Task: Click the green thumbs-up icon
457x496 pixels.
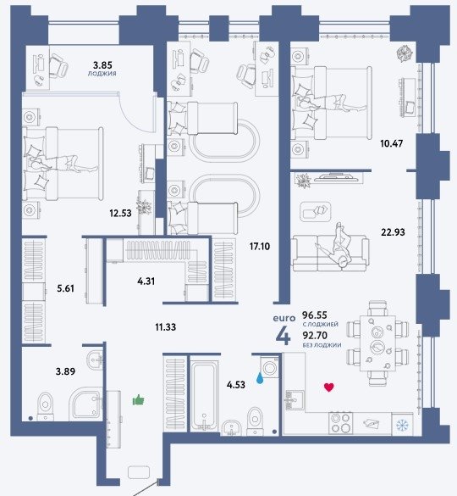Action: coord(138,400)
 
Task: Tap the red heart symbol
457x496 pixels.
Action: coord(328,387)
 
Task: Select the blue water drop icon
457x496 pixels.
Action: coord(260,378)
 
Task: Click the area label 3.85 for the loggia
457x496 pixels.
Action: coord(102,65)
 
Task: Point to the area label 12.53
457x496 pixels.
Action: coord(120,213)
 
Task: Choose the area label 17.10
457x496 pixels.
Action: coord(260,247)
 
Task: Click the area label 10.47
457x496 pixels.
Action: coord(391,143)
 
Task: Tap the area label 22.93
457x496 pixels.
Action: coord(393,232)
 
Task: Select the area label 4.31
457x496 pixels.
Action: coord(146,281)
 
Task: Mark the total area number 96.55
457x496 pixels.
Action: coord(315,315)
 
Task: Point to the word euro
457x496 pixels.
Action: coord(284,318)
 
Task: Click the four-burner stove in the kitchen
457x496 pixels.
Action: coord(340,423)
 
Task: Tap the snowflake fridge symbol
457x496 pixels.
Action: coord(402,425)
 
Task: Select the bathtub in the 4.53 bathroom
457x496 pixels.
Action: coord(205,393)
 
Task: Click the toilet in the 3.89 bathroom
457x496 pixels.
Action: coord(46,406)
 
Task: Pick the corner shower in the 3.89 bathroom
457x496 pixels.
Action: coord(86,404)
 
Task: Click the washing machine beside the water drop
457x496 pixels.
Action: coord(270,367)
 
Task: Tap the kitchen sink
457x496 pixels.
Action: coord(295,400)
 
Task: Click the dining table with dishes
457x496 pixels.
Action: coord(377,343)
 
